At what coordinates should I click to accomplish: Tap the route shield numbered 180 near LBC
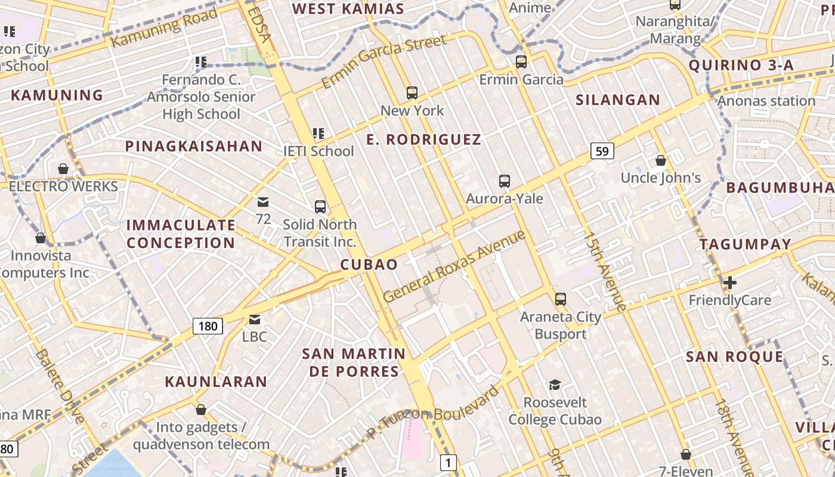click(208, 326)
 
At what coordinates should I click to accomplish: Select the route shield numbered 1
click(448, 462)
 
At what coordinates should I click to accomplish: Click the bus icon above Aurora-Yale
click(505, 181)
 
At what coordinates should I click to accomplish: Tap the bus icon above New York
click(412, 93)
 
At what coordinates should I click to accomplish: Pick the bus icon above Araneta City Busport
click(560, 299)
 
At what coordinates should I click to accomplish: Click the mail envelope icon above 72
click(263, 202)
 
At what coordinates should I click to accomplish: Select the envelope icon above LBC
click(255, 319)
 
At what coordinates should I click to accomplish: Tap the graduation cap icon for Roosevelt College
click(555, 385)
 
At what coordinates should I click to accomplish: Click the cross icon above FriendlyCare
click(730, 282)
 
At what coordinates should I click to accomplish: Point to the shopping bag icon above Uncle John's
click(661, 160)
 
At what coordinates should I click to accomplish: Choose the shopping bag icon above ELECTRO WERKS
click(63, 169)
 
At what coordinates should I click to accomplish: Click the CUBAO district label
click(369, 265)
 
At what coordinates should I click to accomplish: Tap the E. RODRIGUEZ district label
click(423, 140)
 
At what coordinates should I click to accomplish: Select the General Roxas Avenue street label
click(454, 267)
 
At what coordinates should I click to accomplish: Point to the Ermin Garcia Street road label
click(384, 61)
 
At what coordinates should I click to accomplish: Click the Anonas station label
click(766, 101)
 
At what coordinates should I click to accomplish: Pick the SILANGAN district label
click(618, 100)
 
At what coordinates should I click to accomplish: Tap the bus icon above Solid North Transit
click(320, 207)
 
